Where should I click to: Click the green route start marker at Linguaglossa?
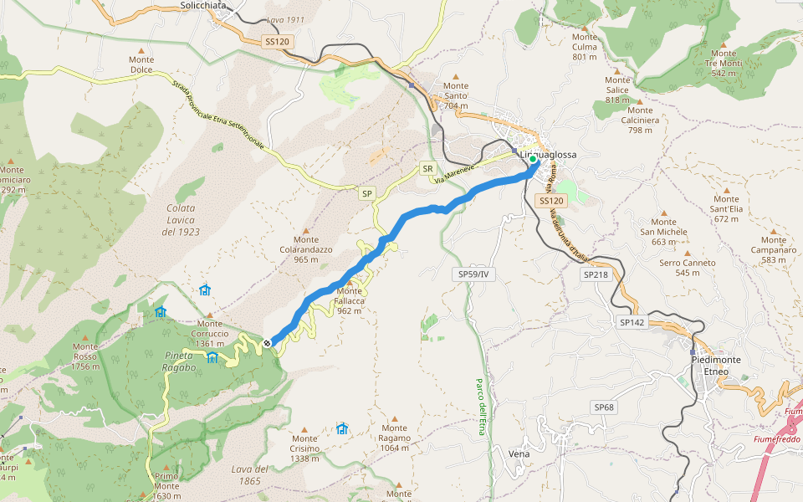click(533, 158)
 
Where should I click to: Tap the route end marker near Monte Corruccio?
click(267, 343)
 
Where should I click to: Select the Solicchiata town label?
click(204, 5)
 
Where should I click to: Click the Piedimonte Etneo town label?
click(715, 365)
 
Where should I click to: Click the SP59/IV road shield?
click(476, 274)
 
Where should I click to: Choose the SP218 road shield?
click(596, 274)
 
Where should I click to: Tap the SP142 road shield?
click(632, 322)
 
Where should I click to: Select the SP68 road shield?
click(604, 407)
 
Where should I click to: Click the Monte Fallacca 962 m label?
click(350, 301)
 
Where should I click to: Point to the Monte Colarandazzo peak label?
click(306, 249)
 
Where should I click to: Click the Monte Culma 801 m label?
click(586, 47)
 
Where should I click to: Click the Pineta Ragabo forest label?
click(179, 361)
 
